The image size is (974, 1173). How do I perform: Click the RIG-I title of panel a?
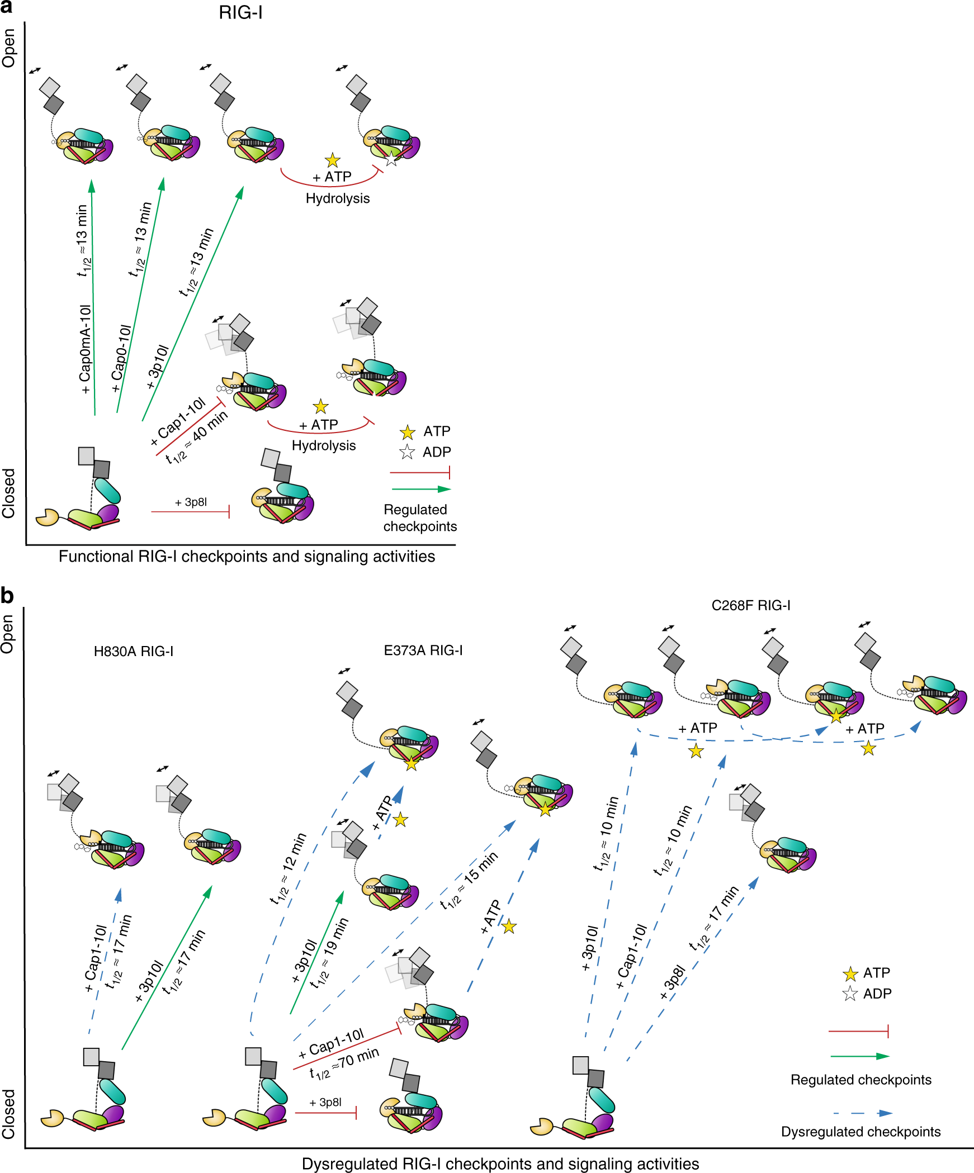(x=240, y=12)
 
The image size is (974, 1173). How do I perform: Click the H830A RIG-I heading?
(x=134, y=652)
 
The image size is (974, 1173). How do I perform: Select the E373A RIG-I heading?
(x=423, y=650)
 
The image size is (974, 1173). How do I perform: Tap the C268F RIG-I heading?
(x=751, y=605)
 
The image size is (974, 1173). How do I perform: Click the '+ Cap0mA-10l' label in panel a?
(x=85, y=349)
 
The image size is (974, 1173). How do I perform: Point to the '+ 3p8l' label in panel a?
(x=191, y=502)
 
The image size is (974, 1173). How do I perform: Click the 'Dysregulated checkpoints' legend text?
(x=860, y=1132)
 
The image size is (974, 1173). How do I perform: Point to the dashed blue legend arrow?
(x=862, y=1113)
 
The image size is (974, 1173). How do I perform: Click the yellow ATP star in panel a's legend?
(x=407, y=432)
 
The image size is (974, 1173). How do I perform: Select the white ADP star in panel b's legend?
(x=850, y=994)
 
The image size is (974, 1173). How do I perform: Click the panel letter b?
(x=7, y=596)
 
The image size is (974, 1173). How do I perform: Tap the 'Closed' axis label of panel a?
(x=9, y=493)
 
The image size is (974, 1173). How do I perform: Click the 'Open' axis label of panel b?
(x=8, y=634)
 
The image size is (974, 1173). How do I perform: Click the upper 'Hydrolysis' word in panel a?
(x=338, y=198)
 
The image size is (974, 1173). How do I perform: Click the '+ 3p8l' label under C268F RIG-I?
(x=672, y=982)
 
